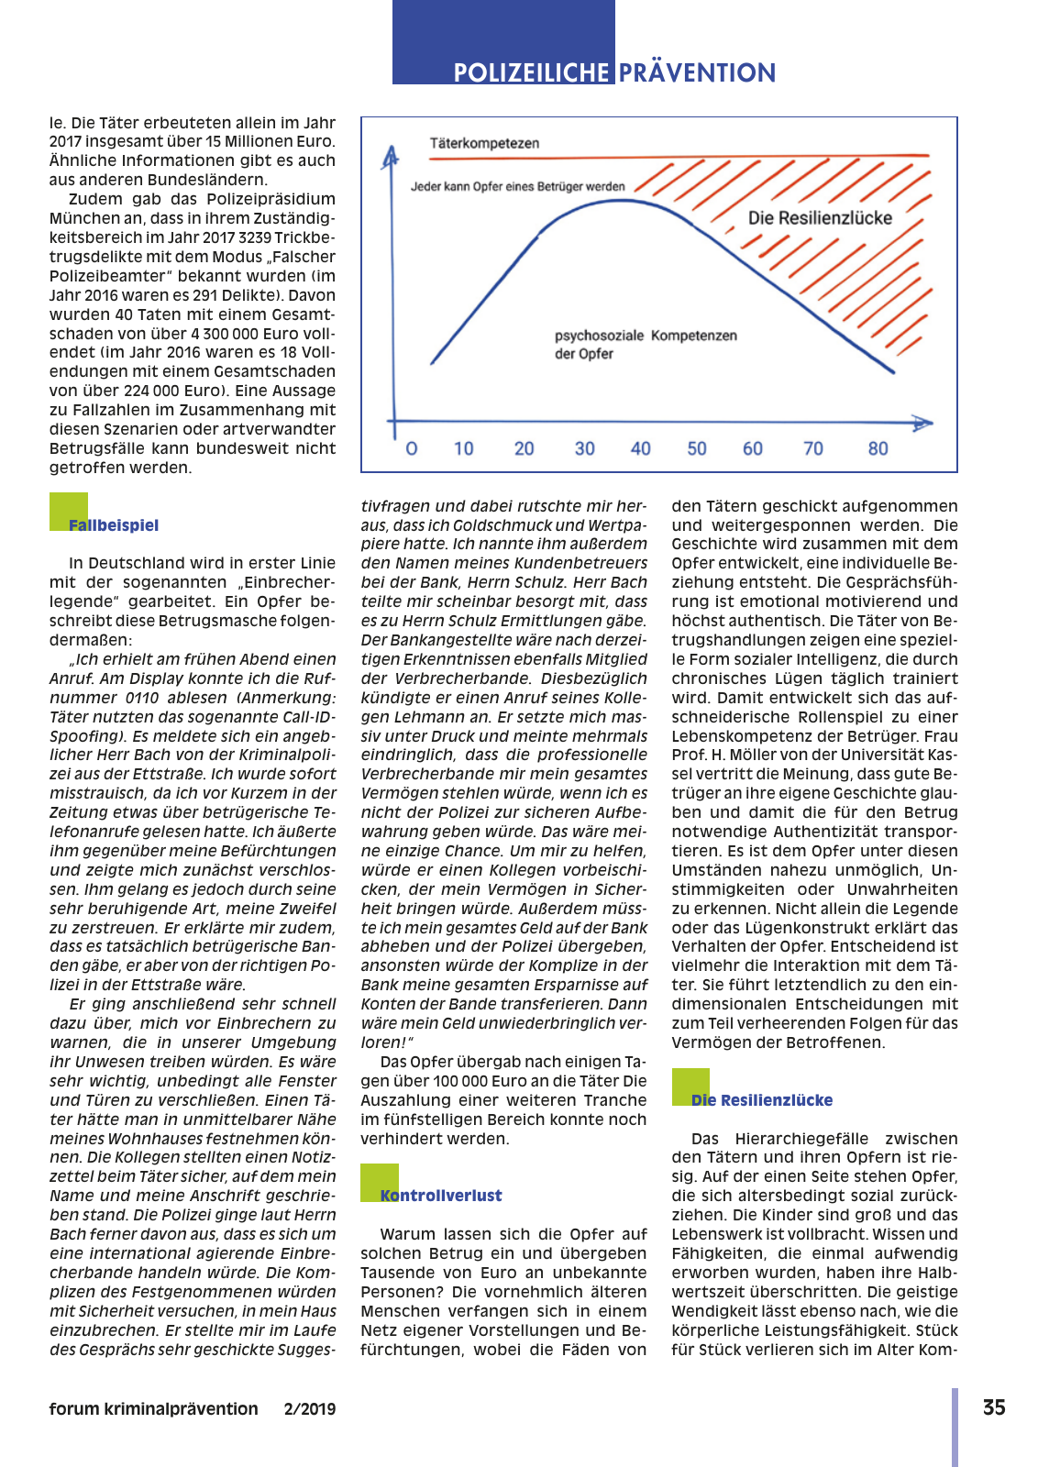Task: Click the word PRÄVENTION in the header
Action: pyautogui.click(x=697, y=72)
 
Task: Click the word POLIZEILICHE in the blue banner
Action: pyautogui.click(x=531, y=72)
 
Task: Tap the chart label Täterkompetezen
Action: pyautogui.click(x=484, y=143)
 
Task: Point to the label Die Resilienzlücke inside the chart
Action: pyautogui.click(x=820, y=217)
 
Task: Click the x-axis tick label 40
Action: pyautogui.click(x=640, y=448)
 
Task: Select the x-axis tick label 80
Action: pyautogui.click(x=878, y=448)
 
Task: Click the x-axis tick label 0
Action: pyautogui.click(x=412, y=448)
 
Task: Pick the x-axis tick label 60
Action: pyautogui.click(x=752, y=448)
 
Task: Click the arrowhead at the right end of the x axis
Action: pyautogui.click(x=922, y=423)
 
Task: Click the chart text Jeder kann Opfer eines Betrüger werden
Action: pyautogui.click(x=517, y=186)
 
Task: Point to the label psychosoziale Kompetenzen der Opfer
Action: pyautogui.click(x=645, y=344)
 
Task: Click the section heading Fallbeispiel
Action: pyautogui.click(x=114, y=525)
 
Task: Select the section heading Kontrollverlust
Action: pyautogui.click(x=441, y=1196)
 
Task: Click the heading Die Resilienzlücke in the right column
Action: pyautogui.click(x=762, y=1100)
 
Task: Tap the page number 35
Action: pyautogui.click(x=994, y=1407)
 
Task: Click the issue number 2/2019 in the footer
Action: pyautogui.click(x=310, y=1409)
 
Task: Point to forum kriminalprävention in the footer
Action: pyautogui.click(x=153, y=1409)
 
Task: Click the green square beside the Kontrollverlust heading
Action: pyautogui.click(x=379, y=1181)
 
